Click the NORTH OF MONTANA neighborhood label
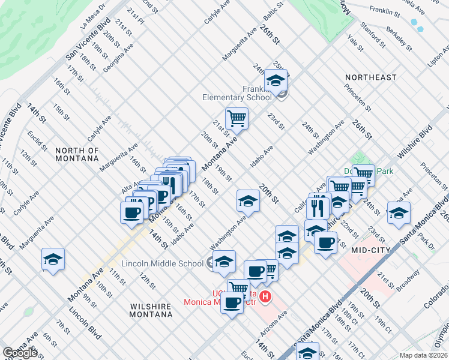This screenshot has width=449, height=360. click(76, 154)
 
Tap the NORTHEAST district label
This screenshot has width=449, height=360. click(370, 77)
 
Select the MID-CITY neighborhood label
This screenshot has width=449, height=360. click(371, 250)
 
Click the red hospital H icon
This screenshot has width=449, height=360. click(266, 296)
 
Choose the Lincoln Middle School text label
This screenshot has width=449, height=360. click(162, 263)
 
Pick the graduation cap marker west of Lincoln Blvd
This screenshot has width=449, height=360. click(53, 259)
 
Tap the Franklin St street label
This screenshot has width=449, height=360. click(385, 11)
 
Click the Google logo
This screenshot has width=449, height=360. click(20, 353)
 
